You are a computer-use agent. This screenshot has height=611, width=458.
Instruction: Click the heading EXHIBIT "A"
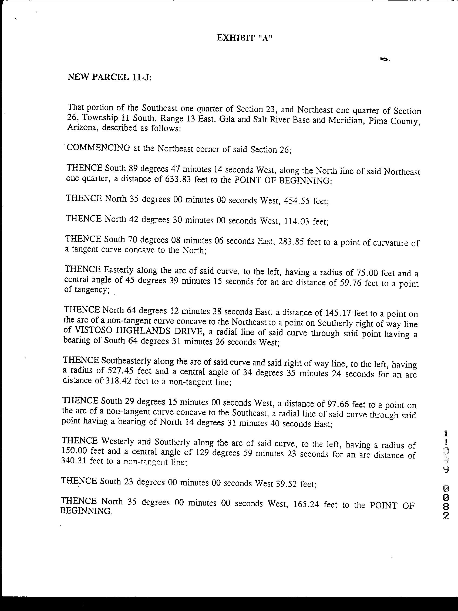pos(245,38)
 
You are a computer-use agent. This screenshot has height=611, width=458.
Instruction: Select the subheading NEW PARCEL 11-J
pos(110,77)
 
